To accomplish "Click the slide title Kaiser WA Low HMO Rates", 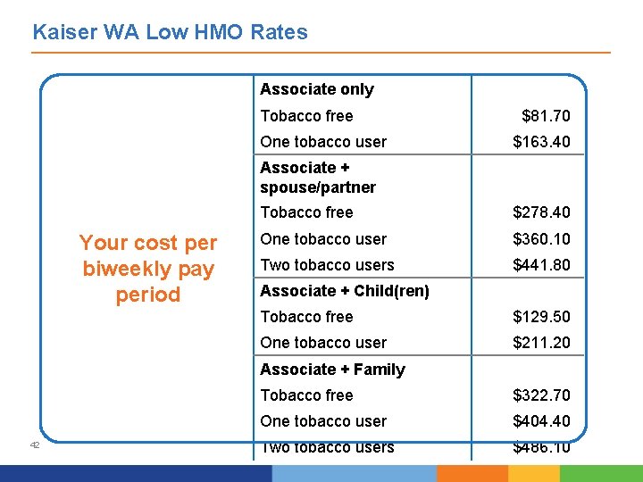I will coord(170,33).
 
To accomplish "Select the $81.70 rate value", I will coord(546,116).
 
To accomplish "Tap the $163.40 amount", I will coord(541,142).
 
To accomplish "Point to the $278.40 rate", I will coord(541,212).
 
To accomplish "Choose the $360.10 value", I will coord(541,239).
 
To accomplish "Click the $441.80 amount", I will coord(541,265).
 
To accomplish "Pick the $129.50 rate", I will coord(541,317).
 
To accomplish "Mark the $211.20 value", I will coord(541,343).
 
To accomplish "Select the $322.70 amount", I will coord(541,395).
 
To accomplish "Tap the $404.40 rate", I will coord(541,421).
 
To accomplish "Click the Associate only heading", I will coord(317,89).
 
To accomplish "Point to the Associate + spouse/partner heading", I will coord(317,178).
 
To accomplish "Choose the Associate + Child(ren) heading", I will coord(345,291).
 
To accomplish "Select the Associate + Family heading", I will coord(332,370).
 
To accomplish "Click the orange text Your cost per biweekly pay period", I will coord(148,269).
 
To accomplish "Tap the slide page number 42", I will coord(34,445).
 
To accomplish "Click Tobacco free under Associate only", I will coord(306,116).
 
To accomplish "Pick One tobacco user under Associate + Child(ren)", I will coord(323,343).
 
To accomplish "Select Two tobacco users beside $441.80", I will coord(327,265).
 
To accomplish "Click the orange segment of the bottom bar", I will coord(472,473).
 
